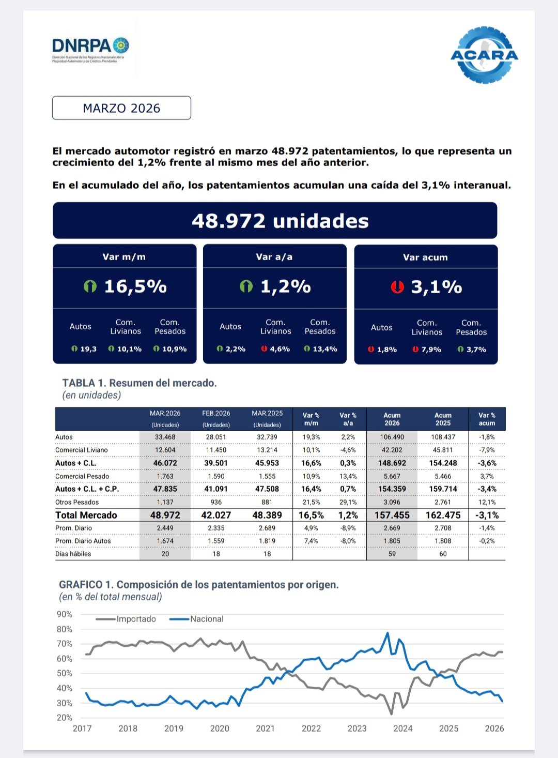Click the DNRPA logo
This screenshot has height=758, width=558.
point(90,49)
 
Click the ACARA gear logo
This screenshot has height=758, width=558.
point(484,55)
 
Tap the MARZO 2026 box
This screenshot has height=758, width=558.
point(121,108)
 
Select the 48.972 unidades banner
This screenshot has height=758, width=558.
point(275,221)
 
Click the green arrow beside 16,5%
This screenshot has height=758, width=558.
point(90,286)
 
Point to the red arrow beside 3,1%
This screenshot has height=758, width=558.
point(397,286)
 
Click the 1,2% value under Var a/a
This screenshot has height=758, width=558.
point(286,286)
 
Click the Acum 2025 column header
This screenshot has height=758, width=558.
point(443,419)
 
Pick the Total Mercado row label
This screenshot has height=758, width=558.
point(86,515)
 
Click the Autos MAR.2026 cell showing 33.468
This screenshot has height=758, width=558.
point(165,437)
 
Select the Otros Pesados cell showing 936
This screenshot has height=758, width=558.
point(216,502)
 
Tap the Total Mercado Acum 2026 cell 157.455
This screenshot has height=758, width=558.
point(392,515)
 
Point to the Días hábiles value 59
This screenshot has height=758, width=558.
point(392,554)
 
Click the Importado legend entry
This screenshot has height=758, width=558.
point(136,619)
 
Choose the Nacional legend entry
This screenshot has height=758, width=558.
point(207,619)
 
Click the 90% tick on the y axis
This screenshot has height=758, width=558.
point(65,614)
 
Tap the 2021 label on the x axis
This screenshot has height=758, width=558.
point(265,729)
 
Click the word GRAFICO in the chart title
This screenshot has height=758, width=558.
point(81,585)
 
